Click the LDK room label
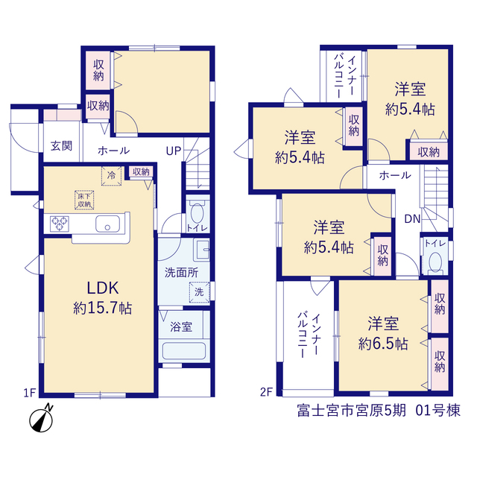click(x=103, y=288)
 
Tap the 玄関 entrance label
click(x=61, y=146)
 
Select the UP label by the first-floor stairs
click(x=174, y=151)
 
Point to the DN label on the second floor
click(x=412, y=218)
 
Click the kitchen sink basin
click(x=107, y=224)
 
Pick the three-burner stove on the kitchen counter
click(x=60, y=224)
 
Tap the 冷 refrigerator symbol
click(x=111, y=176)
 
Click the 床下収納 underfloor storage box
click(x=84, y=200)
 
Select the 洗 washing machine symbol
click(x=199, y=292)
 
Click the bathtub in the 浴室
click(x=184, y=351)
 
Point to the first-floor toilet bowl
click(x=197, y=213)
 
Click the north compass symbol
click(x=41, y=419)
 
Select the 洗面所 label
click(x=181, y=273)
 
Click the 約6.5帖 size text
click(x=383, y=344)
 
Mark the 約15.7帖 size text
click(x=103, y=308)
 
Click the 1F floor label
click(x=30, y=393)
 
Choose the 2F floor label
click(x=266, y=392)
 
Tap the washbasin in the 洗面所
click(x=201, y=250)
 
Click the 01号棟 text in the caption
click(x=438, y=411)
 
